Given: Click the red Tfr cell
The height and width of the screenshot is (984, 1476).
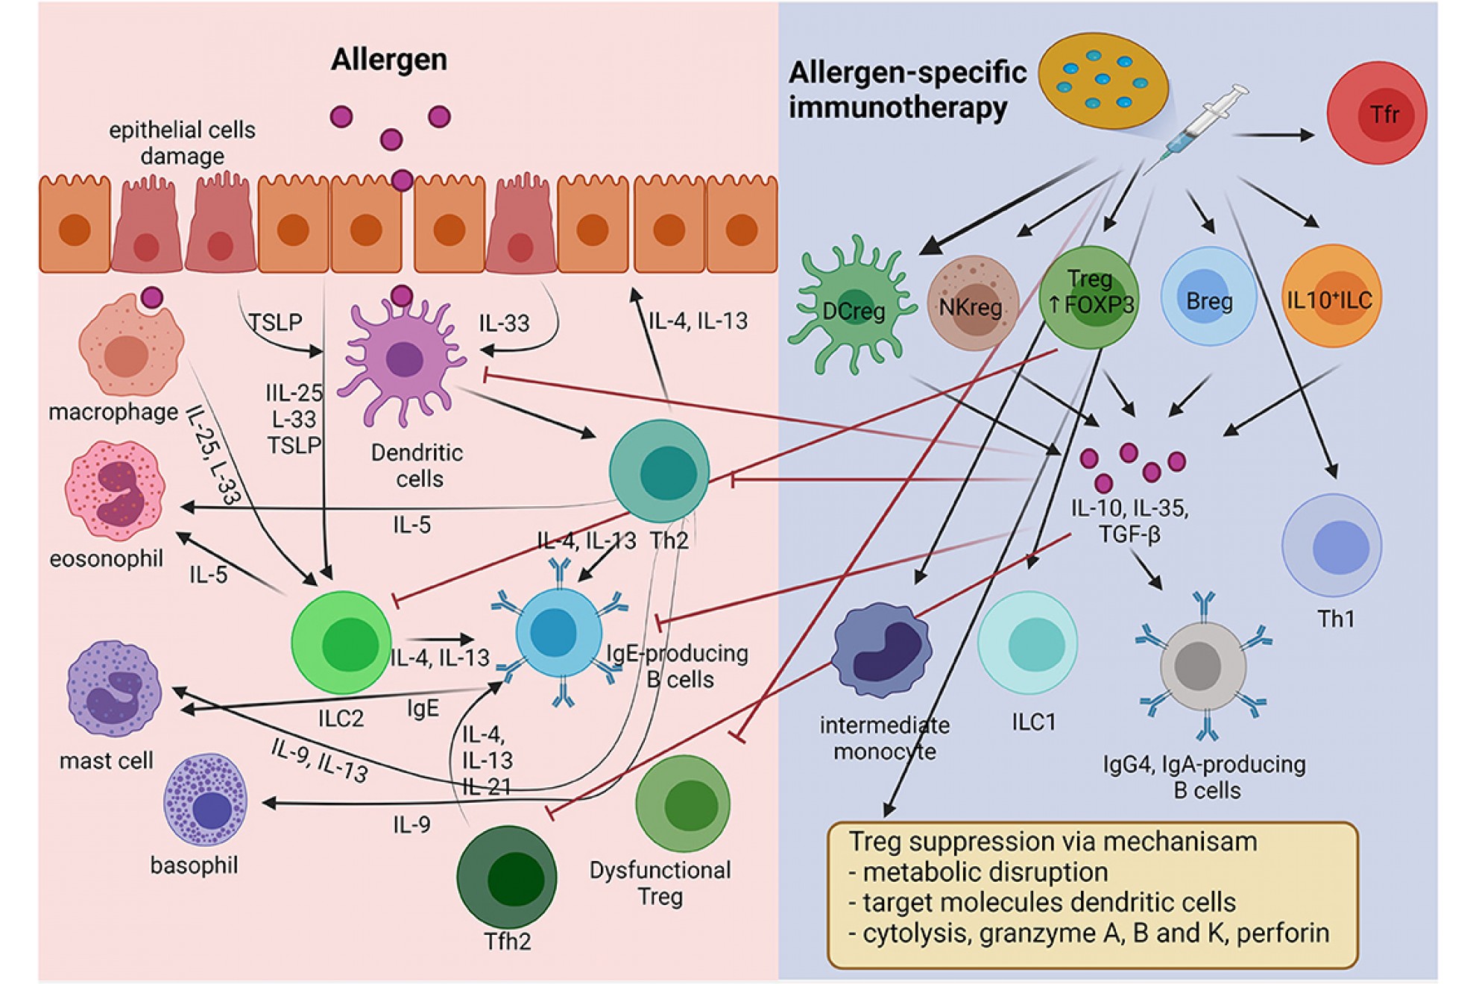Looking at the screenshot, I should point(1376,113).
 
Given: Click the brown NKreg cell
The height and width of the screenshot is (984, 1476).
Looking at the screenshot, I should point(971,304).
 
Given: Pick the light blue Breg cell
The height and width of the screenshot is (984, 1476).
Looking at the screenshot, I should point(1208,297).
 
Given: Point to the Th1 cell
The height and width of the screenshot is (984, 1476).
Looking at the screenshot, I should point(1331,546).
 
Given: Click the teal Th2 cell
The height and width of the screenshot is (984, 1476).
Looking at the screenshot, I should point(660,471).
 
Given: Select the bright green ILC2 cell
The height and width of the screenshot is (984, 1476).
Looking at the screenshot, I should point(342,642).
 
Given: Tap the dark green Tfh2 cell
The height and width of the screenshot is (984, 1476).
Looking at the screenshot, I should point(508,877).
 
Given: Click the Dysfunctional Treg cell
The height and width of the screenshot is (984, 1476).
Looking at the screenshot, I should point(683,804).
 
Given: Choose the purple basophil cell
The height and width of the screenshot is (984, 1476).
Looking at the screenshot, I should point(206,801).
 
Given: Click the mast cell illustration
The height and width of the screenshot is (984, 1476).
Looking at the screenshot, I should point(114,690).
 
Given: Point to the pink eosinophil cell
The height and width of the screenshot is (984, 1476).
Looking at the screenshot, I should point(116,491).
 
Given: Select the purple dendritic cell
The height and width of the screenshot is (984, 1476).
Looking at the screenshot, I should point(403,362).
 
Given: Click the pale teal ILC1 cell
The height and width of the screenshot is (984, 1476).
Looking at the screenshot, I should point(1028,643).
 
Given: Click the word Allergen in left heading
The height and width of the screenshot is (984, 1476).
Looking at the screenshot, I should point(388,60).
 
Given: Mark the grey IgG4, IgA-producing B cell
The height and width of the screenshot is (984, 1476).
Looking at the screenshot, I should point(1202,666).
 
